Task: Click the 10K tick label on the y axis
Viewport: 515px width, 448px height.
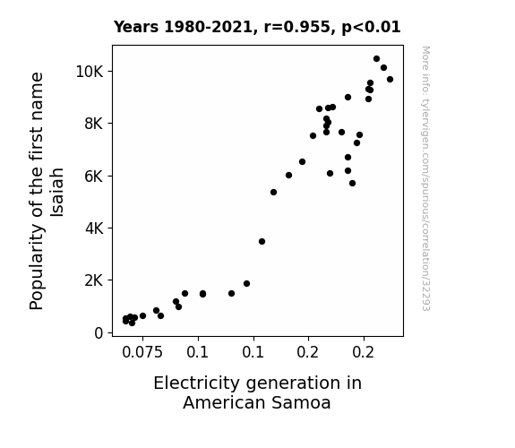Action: click(x=90, y=72)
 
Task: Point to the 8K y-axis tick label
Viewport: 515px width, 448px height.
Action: click(x=94, y=124)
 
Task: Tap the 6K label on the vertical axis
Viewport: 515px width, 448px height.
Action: click(x=94, y=177)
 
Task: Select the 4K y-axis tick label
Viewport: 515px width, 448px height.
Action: click(x=94, y=228)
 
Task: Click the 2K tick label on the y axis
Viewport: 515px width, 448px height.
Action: click(x=94, y=280)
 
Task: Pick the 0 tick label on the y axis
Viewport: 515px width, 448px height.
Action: click(x=99, y=333)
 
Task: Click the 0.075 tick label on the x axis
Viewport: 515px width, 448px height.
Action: click(x=142, y=353)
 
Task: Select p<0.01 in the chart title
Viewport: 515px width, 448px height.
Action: click(x=371, y=28)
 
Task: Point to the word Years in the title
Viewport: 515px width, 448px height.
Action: click(x=136, y=27)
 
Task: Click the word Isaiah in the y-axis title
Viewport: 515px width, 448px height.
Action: click(x=57, y=193)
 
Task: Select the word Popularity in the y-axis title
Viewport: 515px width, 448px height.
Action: click(x=37, y=267)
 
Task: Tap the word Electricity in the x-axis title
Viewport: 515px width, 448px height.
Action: click(x=196, y=383)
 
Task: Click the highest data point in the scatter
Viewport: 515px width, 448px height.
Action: click(x=376, y=59)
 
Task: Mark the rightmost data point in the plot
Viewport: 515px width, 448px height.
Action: click(x=390, y=79)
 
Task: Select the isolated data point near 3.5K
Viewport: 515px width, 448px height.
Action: click(x=262, y=242)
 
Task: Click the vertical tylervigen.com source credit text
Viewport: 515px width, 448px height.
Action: click(x=425, y=178)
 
